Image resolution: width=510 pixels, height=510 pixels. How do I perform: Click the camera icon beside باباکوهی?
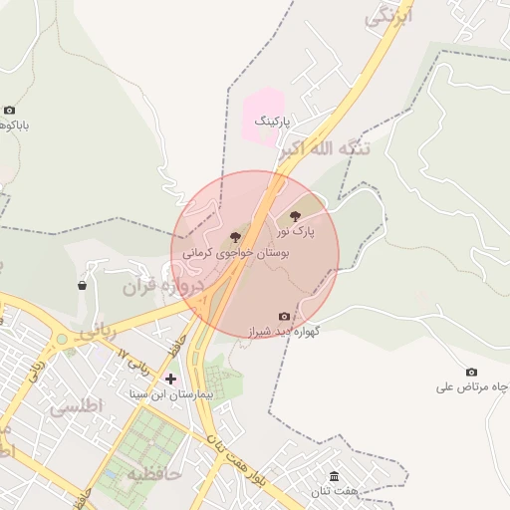coord(10,111)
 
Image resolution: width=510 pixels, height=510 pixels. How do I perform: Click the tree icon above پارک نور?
coord(294,215)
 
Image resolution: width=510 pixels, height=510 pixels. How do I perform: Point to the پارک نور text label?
coord(296,231)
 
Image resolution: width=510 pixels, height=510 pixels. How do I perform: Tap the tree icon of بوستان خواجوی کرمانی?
coord(235,237)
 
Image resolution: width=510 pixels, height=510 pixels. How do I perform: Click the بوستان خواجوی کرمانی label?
coord(235,254)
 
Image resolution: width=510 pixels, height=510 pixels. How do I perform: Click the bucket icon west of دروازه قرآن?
coord(82,286)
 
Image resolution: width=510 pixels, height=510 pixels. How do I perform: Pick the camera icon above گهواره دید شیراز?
coord(284,317)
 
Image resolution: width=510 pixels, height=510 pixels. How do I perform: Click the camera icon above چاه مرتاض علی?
coord(471,373)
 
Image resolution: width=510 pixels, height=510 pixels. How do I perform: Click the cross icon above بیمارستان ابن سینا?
coord(170,379)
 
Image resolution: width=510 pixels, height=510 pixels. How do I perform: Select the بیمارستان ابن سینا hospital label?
coord(170,394)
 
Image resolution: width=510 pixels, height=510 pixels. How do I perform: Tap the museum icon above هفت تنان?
coord(333,476)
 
